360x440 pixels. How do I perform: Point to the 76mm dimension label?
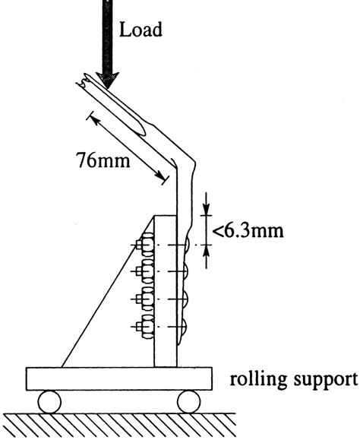[x=103, y=161]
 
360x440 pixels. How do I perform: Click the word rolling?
[x=255, y=377]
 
